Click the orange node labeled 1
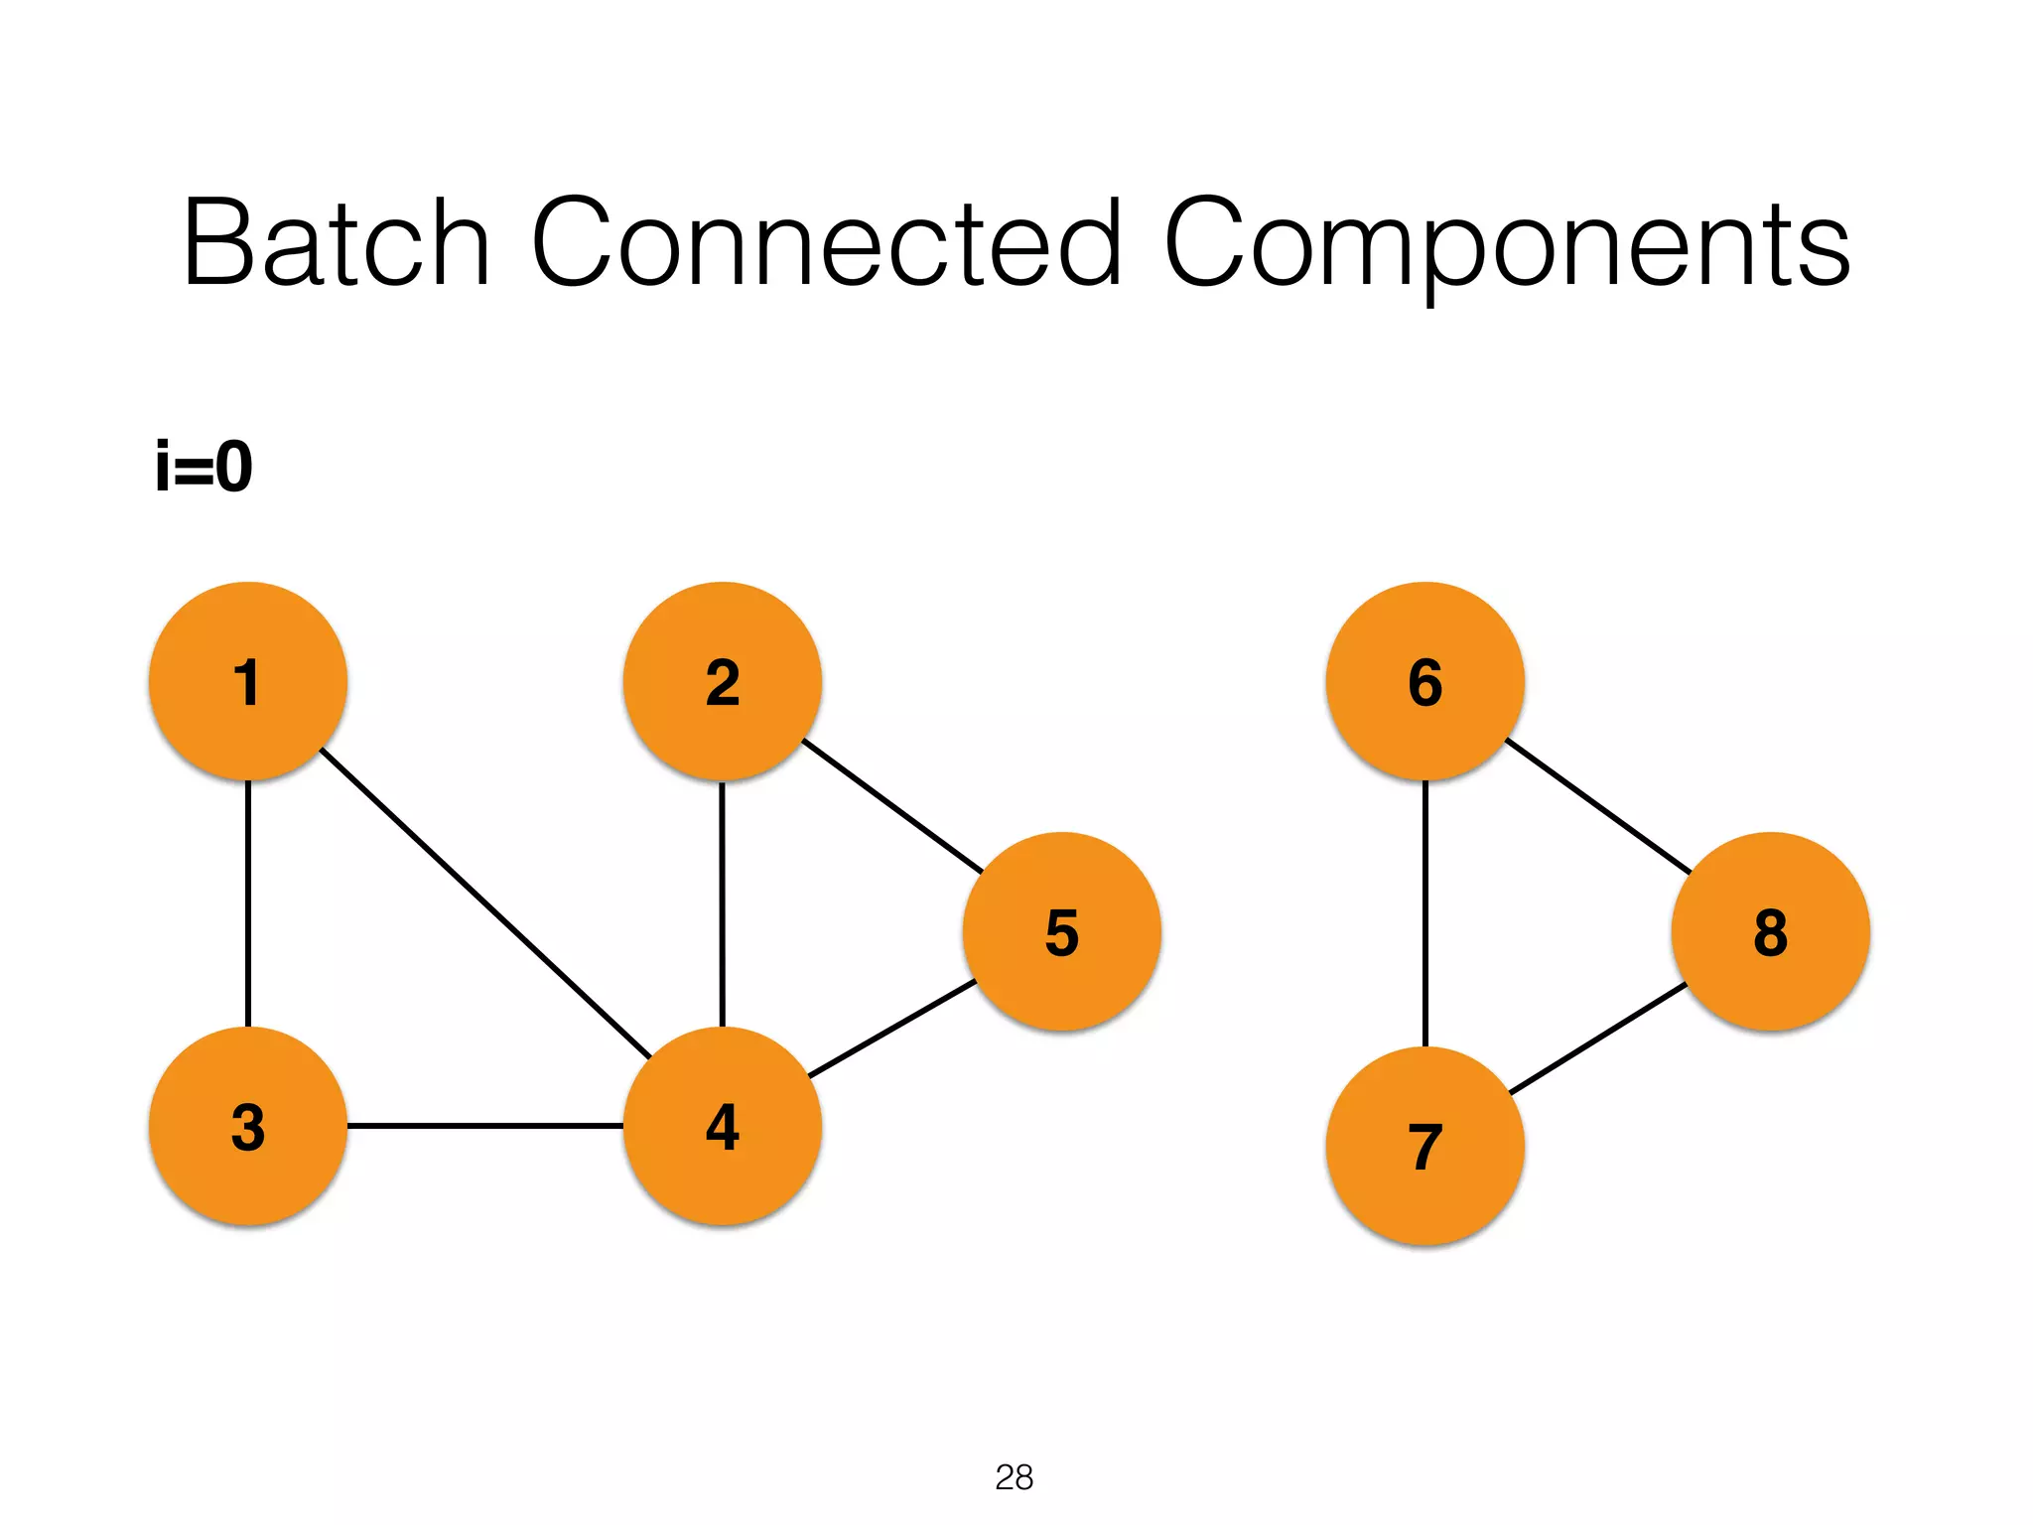248,681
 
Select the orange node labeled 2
723,681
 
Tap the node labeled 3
248,1126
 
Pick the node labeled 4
723,1126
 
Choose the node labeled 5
1062,931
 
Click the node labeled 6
1425,681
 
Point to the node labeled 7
1425,1146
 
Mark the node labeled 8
1771,931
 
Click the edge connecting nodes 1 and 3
248,903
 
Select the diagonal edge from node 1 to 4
485,903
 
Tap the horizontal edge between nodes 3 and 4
485,1126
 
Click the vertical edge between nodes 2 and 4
723,903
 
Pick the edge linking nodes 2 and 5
892,806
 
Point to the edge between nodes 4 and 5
892,1029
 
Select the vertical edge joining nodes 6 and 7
1425,913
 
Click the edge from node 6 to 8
1598,806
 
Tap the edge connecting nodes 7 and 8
1598,1039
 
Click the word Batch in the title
336,243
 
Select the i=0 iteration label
204,467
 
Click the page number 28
1015,1477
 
